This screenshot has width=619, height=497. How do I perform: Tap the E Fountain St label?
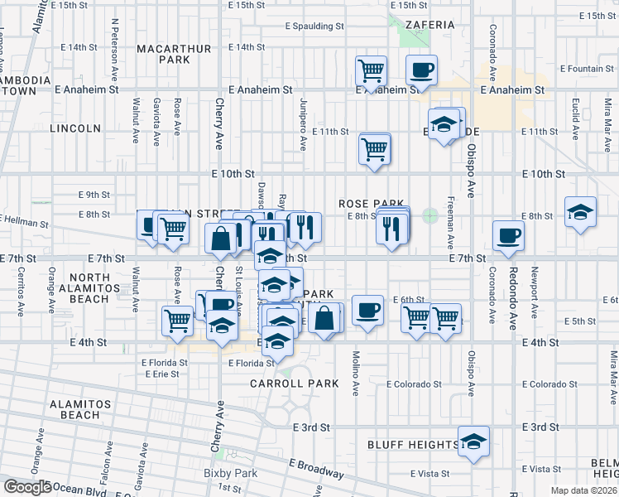click(587, 69)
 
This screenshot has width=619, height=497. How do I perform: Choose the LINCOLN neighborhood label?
click(75, 128)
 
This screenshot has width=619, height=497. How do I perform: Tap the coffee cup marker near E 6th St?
click(367, 311)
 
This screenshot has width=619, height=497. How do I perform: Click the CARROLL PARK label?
click(295, 384)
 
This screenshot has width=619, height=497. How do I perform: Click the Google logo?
click(26, 487)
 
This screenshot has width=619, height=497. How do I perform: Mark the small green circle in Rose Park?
click(429, 215)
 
